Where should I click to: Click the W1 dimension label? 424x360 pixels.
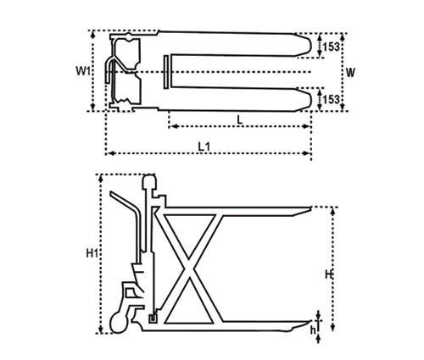(82, 71)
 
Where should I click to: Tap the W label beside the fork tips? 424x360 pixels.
(350, 73)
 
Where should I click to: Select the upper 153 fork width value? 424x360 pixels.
(331, 47)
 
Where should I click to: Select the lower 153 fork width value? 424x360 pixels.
(331, 99)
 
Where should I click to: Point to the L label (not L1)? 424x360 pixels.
(240, 119)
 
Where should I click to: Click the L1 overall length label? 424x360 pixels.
(204, 147)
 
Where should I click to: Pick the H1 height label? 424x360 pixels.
(92, 253)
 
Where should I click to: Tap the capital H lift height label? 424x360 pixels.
(328, 274)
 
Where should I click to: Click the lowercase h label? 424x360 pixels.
(313, 330)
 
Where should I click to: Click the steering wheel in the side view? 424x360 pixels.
(119, 324)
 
